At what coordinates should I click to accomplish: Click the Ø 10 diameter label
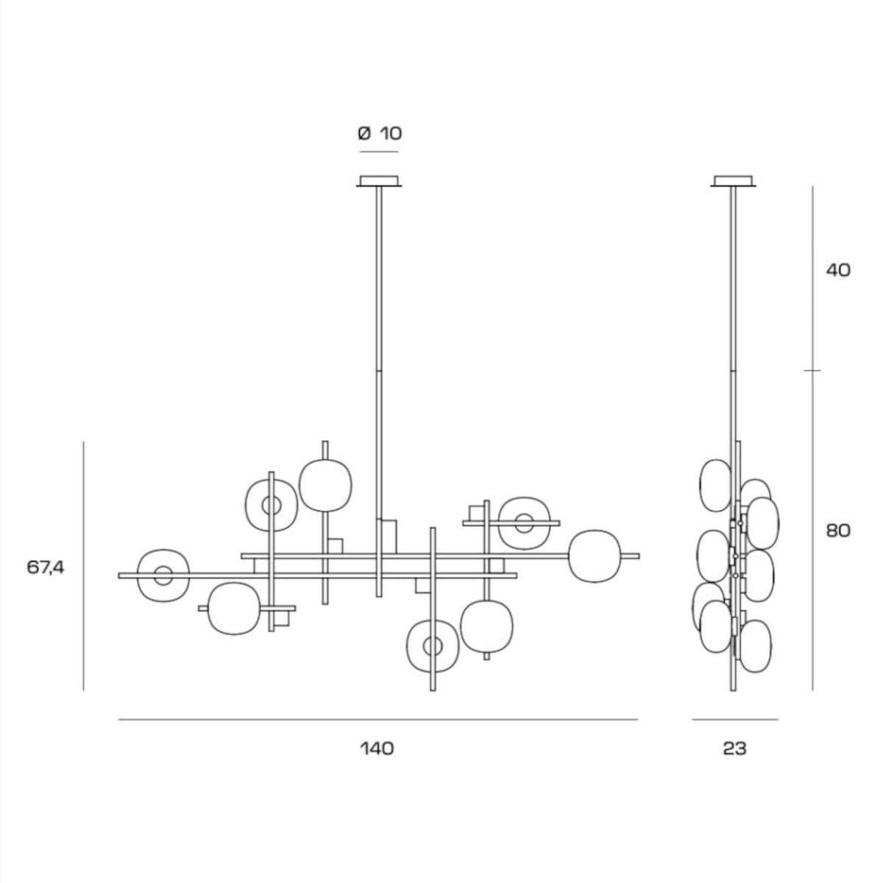coord(380,133)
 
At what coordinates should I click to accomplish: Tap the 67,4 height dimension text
coord(46,568)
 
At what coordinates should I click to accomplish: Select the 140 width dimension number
coord(377,749)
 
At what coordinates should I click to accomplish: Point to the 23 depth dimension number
coord(734,749)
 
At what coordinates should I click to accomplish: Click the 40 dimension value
coord(838,270)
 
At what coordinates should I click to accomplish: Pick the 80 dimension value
coord(838,531)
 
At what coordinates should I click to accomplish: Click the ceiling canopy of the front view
coord(379,181)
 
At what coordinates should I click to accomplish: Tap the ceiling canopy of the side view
coord(733,181)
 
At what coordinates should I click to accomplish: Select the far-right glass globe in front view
coord(595,556)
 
